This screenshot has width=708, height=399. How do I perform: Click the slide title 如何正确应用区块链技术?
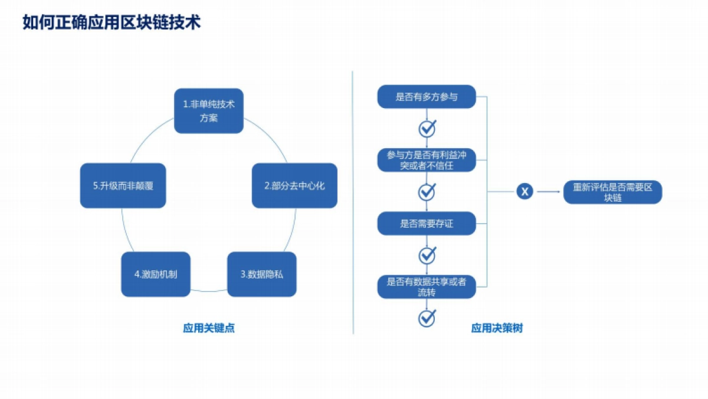point(112,22)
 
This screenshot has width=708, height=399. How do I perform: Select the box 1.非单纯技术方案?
point(209,111)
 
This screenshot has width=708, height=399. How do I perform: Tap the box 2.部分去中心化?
point(294,185)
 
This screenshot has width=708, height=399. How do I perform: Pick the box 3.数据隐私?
point(261,274)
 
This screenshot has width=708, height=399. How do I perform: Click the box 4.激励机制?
point(156,274)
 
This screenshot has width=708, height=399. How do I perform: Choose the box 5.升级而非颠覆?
point(123,185)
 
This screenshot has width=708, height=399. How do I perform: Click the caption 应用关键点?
point(209,328)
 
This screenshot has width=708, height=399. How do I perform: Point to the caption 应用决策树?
point(497,328)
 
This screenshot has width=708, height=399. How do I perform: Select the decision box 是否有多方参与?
point(426,96)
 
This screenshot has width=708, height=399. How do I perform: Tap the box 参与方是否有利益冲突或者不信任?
point(426,160)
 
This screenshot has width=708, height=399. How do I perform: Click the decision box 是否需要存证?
point(426,224)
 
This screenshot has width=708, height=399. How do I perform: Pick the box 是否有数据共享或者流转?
point(426,287)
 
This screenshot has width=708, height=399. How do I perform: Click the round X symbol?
point(525,191)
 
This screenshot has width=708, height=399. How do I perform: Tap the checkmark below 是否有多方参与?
point(427,128)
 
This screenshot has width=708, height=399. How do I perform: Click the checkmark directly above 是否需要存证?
point(427,192)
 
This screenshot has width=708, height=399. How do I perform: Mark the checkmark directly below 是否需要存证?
point(427,255)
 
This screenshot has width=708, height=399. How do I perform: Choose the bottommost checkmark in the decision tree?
point(427,318)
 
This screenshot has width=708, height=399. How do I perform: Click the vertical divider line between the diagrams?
point(353,201)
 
